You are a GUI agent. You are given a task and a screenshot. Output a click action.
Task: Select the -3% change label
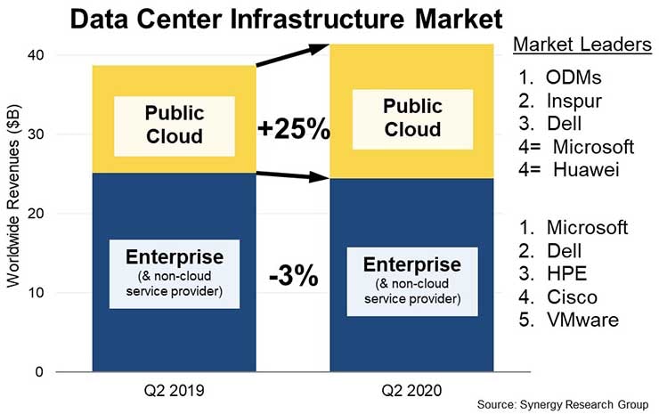pyautogui.click(x=294, y=276)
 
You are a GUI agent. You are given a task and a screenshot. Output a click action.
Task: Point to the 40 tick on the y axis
pyautogui.click(x=69, y=55)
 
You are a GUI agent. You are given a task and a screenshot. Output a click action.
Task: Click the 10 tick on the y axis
pyautogui.click(x=69, y=293)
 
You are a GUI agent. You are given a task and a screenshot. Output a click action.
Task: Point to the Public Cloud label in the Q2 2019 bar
pyautogui.click(x=175, y=125)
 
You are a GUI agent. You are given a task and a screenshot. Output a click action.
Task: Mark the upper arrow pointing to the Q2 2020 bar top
pyautogui.click(x=293, y=53)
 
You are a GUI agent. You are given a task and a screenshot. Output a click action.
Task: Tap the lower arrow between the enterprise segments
pyautogui.click(x=293, y=176)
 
